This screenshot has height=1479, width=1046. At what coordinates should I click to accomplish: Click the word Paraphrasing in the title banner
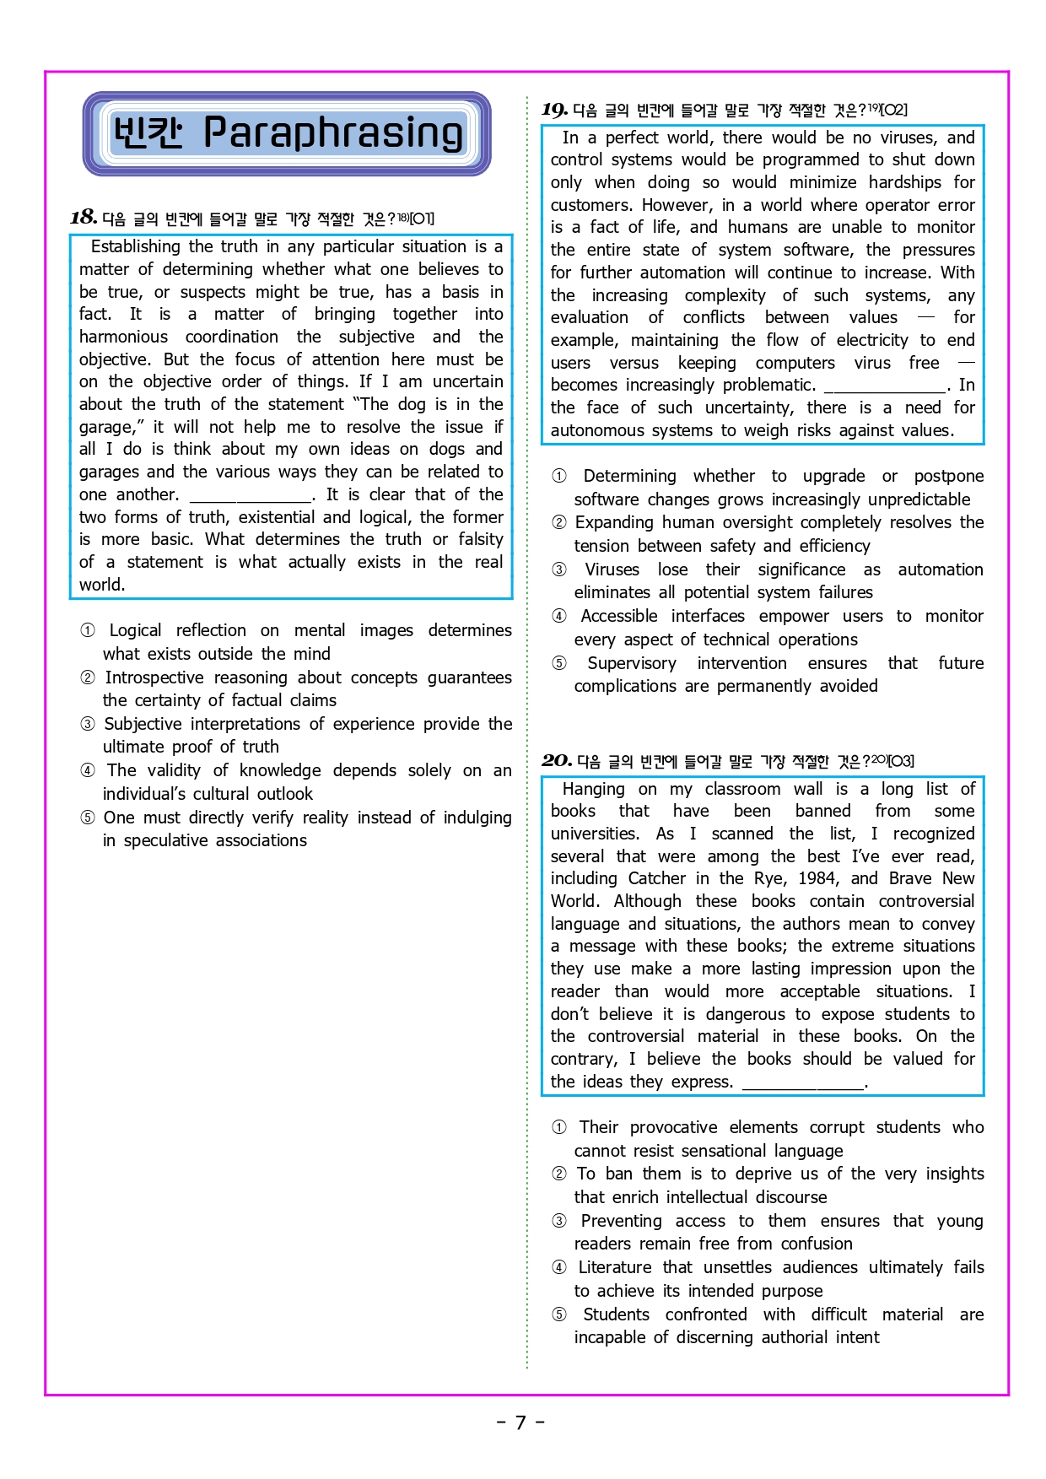(x=333, y=133)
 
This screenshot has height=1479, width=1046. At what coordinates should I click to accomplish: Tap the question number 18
(x=83, y=218)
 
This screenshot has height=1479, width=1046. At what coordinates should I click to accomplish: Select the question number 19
(x=554, y=110)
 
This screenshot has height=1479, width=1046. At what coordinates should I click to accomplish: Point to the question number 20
(x=556, y=761)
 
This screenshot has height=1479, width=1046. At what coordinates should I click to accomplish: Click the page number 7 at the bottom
(x=520, y=1422)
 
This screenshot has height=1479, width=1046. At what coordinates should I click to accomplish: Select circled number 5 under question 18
(x=88, y=818)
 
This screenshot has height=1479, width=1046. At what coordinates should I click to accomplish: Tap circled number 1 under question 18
(x=88, y=630)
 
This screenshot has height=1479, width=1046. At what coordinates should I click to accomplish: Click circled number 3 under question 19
(x=559, y=569)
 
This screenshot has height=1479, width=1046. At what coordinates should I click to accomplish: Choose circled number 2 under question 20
(x=559, y=1174)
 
